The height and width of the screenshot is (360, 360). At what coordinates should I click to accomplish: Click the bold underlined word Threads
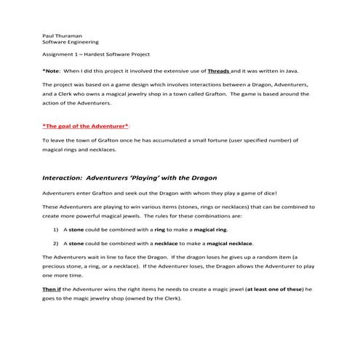(218, 71)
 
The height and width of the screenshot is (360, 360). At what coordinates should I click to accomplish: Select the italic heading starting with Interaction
(119, 177)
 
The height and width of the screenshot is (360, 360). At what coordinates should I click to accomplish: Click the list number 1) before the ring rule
(55, 229)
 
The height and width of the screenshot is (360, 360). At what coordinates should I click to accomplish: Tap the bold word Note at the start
(52, 71)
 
